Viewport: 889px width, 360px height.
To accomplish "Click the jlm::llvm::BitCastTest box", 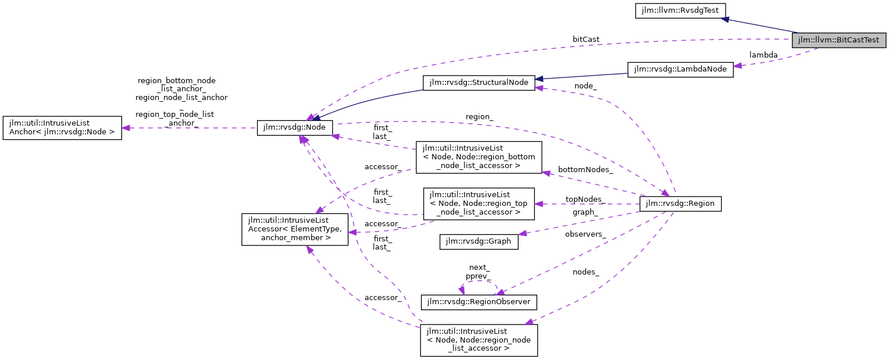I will click(x=839, y=40).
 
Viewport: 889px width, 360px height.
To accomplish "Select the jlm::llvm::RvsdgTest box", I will click(x=680, y=10).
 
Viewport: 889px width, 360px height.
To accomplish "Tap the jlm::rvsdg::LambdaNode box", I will click(x=680, y=69).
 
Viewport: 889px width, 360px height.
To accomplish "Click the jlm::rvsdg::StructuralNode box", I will click(x=479, y=83).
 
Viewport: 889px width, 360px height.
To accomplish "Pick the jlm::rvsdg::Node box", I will click(x=295, y=128).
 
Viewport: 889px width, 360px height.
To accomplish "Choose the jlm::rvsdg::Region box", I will click(x=680, y=204).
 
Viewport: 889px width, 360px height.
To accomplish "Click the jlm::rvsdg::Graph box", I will click(x=479, y=241).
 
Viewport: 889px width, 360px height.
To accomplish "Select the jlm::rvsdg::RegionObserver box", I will click(x=479, y=302).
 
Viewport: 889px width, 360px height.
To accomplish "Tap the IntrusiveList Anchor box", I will click(x=62, y=128).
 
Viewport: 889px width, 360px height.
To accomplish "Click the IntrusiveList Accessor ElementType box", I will click(x=295, y=229).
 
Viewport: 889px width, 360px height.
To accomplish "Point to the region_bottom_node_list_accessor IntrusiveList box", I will click(x=479, y=158).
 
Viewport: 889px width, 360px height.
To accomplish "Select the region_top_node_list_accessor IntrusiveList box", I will click(x=479, y=204).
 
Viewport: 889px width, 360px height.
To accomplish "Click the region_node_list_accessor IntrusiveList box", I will click(x=479, y=340).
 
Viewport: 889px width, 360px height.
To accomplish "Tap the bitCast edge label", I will click(x=585, y=39).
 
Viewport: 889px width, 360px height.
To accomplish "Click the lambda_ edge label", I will click(x=763, y=55).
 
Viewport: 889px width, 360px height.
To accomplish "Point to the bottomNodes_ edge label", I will click(x=585, y=170).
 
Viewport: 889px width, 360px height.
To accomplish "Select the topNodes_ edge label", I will click(x=585, y=199).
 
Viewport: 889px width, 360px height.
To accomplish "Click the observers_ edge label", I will click(x=585, y=234).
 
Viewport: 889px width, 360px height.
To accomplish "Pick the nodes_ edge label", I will click(x=585, y=272).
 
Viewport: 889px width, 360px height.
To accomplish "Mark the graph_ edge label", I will click(x=585, y=212).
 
